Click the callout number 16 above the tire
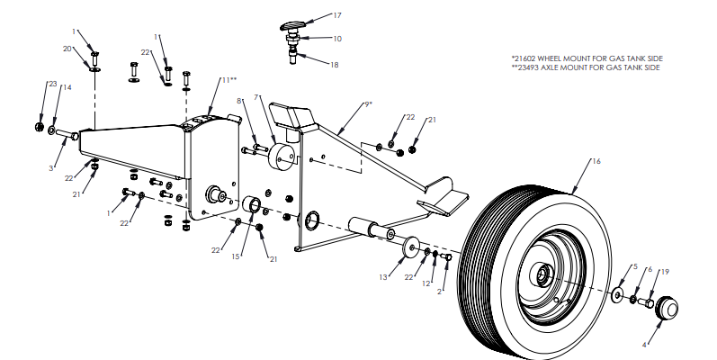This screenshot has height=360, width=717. pos(595,162)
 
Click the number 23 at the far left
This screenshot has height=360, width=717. pos(52,84)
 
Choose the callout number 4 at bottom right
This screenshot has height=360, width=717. pos(645,345)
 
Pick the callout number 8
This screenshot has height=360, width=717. pos(239,101)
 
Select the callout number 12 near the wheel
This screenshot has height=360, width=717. pos(427,283)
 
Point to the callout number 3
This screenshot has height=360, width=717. pos(52,168)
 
